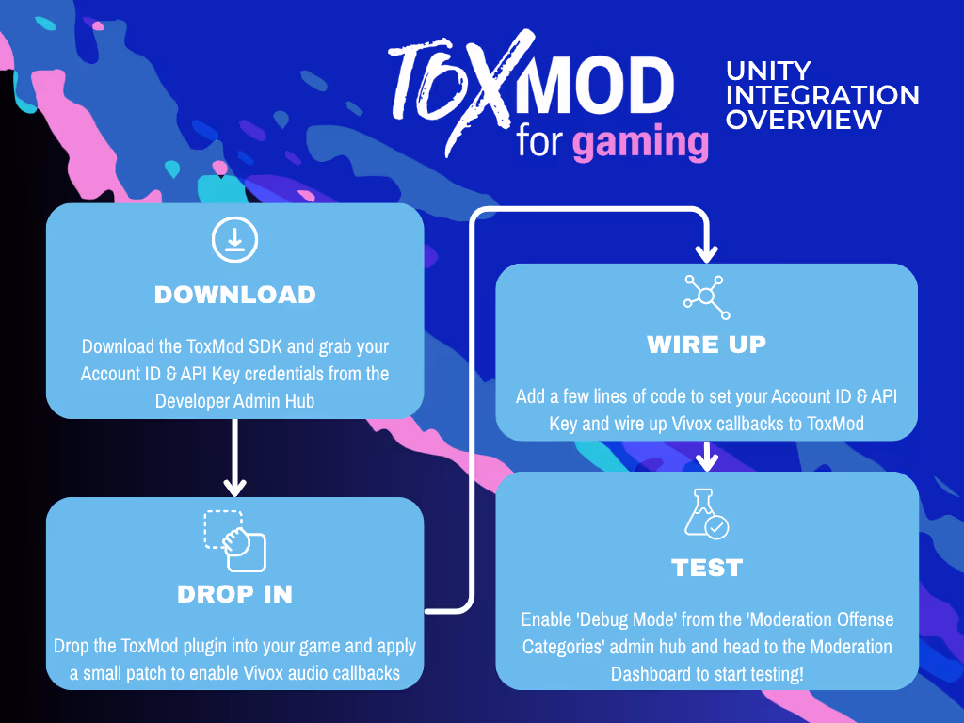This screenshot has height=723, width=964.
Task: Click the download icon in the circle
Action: click(234, 240)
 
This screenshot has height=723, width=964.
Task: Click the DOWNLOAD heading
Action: click(234, 295)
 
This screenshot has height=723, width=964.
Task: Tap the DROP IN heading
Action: click(234, 594)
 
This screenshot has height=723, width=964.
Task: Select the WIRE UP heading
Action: click(706, 345)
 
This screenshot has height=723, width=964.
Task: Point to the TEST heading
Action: click(707, 568)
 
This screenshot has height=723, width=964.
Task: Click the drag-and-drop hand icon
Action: click(235, 541)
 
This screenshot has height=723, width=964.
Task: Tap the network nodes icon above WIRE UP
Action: click(706, 297)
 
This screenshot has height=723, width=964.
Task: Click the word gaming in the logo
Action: click(640, 142)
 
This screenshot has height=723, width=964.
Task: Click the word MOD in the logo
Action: click(599, 87)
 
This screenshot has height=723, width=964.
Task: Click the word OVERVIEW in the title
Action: click(803, 120)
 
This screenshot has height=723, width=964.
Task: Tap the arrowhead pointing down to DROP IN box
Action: click(234, 487)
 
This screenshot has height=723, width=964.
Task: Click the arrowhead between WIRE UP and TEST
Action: click(706, 461)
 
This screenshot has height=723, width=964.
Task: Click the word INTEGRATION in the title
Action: click(823, 96)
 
